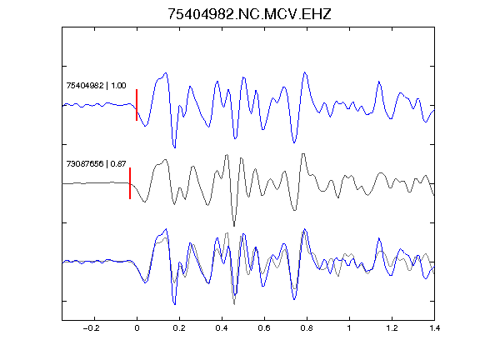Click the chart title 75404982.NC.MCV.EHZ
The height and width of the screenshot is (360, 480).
click(x=249, y=14)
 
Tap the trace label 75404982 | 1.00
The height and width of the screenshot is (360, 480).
click(x=96, y=85)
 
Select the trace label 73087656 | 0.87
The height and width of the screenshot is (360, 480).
click(x=96, y=164)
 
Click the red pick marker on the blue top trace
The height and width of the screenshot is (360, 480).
click(x=137, y=105)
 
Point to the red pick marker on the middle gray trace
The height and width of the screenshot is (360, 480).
click(x=130, y=183)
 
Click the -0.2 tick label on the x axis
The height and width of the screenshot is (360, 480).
click(x=91, y=328)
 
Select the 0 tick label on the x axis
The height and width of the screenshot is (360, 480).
click(x=137, y=328)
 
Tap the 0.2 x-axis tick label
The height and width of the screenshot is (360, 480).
click(x=179, y=328)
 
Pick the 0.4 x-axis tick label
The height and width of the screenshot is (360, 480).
click(x=222, y=328)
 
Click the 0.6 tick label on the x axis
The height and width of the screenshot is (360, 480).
click(x=264, y=328)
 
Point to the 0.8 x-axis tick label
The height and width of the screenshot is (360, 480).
click(x=307, y=328)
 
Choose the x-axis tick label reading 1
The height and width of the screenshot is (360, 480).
click(x=349, y=328)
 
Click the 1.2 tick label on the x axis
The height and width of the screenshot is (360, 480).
click(x=392, y=328)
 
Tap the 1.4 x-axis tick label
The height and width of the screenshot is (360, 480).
click(x=434, y=328)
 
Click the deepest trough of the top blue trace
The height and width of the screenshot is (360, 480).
click(x=175, y=147)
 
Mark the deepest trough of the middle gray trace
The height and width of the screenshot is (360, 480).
click(x=234, y=226)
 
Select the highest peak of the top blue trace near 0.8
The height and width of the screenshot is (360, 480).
click(x=305, y=72)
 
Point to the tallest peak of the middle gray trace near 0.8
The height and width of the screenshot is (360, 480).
click(x=303, y=154)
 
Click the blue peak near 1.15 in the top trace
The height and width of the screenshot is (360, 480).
click(x=379, y=82)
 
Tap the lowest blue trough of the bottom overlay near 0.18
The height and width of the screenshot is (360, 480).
click(x=175, y=304)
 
